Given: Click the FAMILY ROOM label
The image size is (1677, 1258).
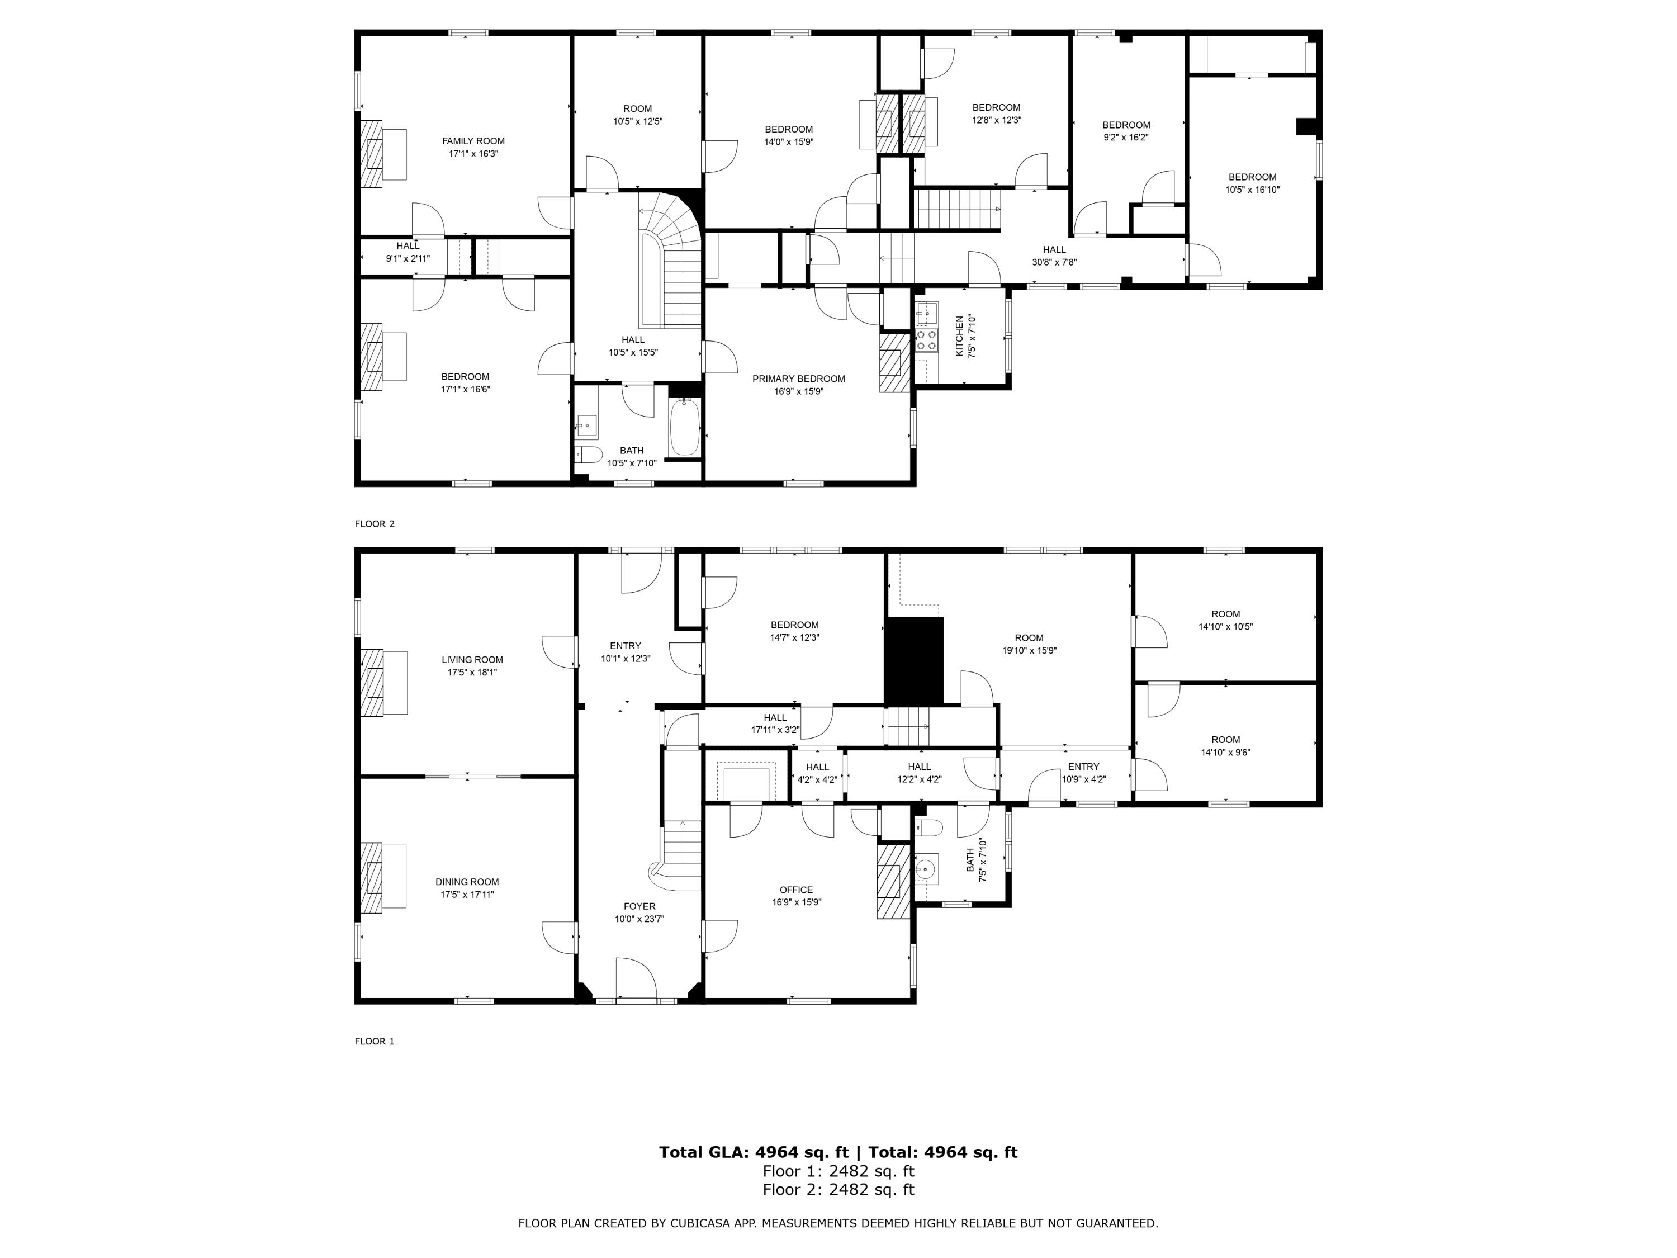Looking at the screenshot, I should [473, 141].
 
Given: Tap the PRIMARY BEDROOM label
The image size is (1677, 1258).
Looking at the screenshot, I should [798, 379].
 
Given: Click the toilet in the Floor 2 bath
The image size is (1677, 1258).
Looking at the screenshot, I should [588, 455].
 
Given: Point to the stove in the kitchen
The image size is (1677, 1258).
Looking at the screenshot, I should [926, 340].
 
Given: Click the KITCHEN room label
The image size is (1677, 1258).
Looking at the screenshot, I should [959, 337].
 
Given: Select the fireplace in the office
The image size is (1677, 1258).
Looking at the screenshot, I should [893, 882].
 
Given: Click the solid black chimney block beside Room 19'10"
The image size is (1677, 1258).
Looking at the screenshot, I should [915, 660].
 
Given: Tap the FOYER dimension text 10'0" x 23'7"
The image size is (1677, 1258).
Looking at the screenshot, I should [639, 919].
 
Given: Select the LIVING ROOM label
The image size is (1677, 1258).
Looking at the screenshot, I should [472, 660].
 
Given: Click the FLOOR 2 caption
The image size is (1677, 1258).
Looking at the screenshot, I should [375, 524].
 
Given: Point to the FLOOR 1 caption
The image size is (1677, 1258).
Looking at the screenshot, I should [375, 1041].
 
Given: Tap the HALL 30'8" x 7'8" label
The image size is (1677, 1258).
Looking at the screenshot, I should [1054, 256].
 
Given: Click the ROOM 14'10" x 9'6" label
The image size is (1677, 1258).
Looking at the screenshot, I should [1225, 746].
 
